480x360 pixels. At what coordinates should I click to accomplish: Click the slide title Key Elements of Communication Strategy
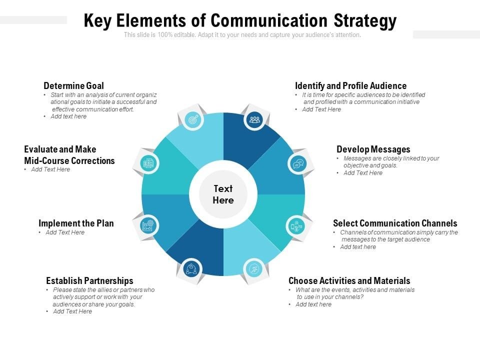click(240, 21)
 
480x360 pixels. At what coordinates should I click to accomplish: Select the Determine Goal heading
click(73, 86)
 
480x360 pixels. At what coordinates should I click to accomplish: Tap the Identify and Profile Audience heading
click(350, 86)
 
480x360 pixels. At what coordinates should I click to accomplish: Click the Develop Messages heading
click(373, 149)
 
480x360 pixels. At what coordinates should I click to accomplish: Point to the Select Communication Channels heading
click(395, 223)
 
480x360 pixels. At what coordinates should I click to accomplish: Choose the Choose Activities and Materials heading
click(349, 281)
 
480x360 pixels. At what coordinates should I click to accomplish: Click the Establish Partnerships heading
click(89, 281)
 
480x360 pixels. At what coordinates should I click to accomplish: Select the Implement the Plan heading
click(76, 223)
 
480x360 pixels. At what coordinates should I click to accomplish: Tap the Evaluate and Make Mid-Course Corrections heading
click(69, 155)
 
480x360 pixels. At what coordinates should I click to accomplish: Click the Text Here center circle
click(223, 194)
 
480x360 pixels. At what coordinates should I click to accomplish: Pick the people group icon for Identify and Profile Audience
click(254, 119)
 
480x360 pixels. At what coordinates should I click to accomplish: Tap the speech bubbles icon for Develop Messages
click(298, 163)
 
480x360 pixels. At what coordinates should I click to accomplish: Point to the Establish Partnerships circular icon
click(190, 269)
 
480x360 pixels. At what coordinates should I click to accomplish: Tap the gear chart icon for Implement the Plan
click(148, 225)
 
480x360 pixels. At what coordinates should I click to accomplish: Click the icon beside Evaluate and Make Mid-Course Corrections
click(148, 162)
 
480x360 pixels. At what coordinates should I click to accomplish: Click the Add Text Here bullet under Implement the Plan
click(65, 232)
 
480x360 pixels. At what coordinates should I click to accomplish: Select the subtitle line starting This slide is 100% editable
click(242, 35)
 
